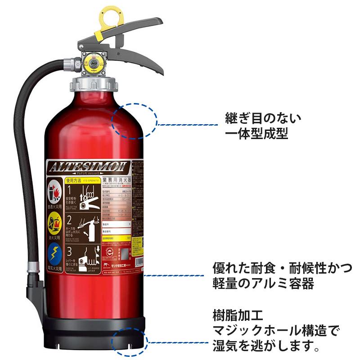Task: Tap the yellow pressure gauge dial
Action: click(x=94, y=64)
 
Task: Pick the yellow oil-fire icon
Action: click(x=54, y=222)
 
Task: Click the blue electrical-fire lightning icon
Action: click(x=54, y=252)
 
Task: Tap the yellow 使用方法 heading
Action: click(x=74, y=180)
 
